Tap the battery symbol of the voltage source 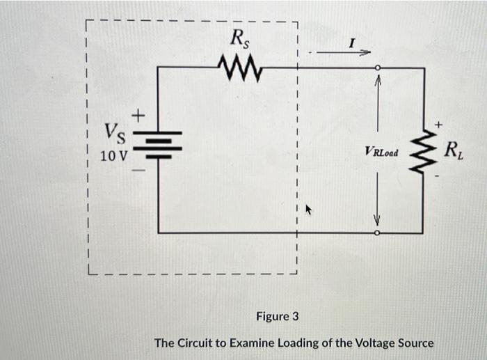(x=159, y=145)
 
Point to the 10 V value (x=113, y=155)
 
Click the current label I (x=352, y=44)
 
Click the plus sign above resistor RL (x=438, y=123)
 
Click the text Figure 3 (x=277, y=317)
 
